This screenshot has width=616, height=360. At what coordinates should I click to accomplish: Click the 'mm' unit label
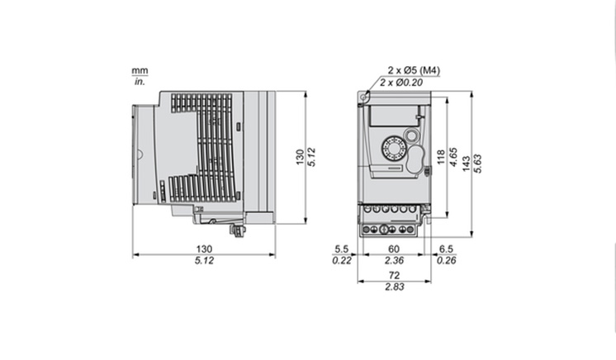point(140,71)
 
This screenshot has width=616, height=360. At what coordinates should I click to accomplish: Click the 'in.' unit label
point(140,82)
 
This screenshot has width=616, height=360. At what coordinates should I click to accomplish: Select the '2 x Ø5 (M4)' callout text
point(414,70)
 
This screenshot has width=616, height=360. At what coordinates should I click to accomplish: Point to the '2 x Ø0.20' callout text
point(401,83)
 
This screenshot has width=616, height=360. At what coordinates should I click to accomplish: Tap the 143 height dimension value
point(467,163)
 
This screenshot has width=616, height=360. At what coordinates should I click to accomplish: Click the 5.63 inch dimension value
point(478,163)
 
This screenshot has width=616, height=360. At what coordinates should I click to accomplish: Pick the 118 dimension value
point(441,157)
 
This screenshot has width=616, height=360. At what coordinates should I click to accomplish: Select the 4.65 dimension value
point(453,157)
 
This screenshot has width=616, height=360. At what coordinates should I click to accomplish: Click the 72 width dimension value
point(394,276)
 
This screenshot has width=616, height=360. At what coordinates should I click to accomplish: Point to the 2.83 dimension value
point(394,287)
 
